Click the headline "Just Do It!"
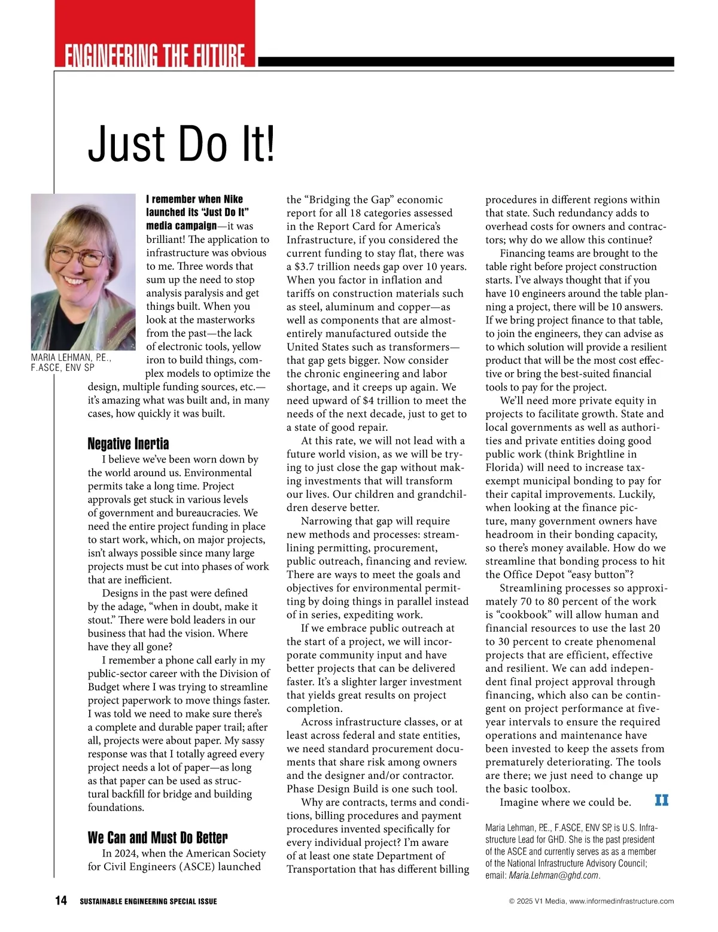point(181,144)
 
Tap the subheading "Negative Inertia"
point(128,444)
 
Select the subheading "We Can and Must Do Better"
point(157,837)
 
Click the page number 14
point(61,901)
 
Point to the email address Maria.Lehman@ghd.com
point(553,875)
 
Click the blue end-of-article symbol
point(661,800)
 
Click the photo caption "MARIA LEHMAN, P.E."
point(71,358)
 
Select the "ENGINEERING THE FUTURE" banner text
point(154,56)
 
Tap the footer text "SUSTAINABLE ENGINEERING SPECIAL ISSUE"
point(148,901)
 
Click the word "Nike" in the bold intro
point(233,199)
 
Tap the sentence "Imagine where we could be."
point(565,802)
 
